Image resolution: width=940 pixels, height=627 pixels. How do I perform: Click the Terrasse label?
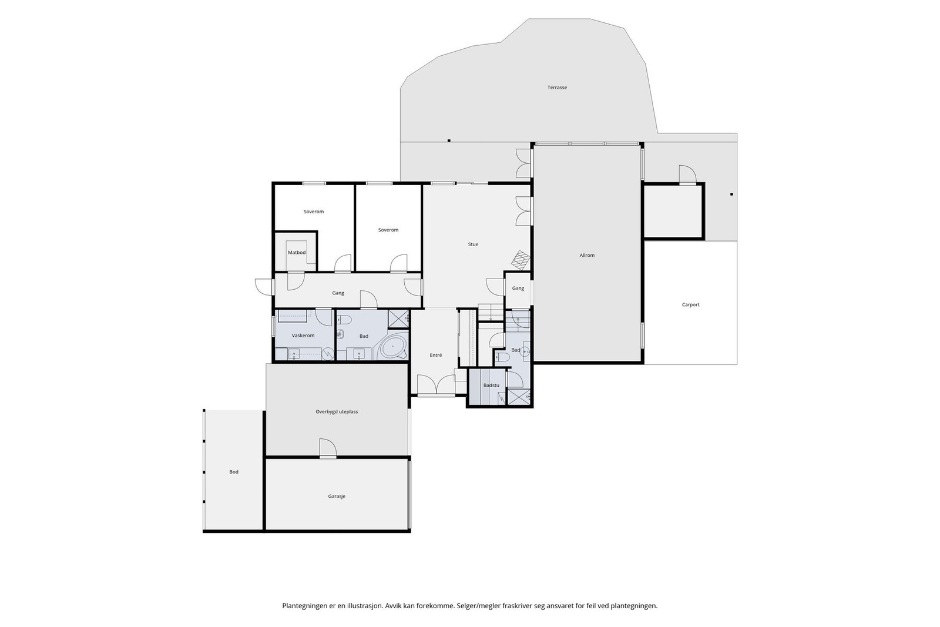point(557,88)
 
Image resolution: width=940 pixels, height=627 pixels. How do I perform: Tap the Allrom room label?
point(587,255)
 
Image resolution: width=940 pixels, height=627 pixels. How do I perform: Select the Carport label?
point(690,305)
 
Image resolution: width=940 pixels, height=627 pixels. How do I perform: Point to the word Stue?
point(473,244)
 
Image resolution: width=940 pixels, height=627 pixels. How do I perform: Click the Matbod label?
point(297,253)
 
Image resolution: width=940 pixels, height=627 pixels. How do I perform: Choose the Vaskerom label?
point(303,336)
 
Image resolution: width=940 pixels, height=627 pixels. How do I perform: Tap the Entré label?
point(435,356)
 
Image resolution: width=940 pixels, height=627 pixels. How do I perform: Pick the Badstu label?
point(491,385)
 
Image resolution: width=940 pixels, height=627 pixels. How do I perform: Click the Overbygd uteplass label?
point(337,412)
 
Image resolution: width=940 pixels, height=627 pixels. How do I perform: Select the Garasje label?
point(337,497)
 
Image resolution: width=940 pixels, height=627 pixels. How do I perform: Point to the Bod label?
point(234,472)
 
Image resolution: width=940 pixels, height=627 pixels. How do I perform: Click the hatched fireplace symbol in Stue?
point(521,260)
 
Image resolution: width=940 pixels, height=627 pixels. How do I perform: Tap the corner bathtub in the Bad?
point(393,346)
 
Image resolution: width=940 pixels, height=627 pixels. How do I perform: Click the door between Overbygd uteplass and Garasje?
point(328,448)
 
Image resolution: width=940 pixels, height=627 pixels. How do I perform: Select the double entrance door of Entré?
point(435,384)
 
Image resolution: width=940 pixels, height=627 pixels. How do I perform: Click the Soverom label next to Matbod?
point(314,212)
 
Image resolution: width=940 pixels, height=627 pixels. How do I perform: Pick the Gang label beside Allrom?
point(518,289)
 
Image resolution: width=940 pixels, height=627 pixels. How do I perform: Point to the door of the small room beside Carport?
point(688,174)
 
